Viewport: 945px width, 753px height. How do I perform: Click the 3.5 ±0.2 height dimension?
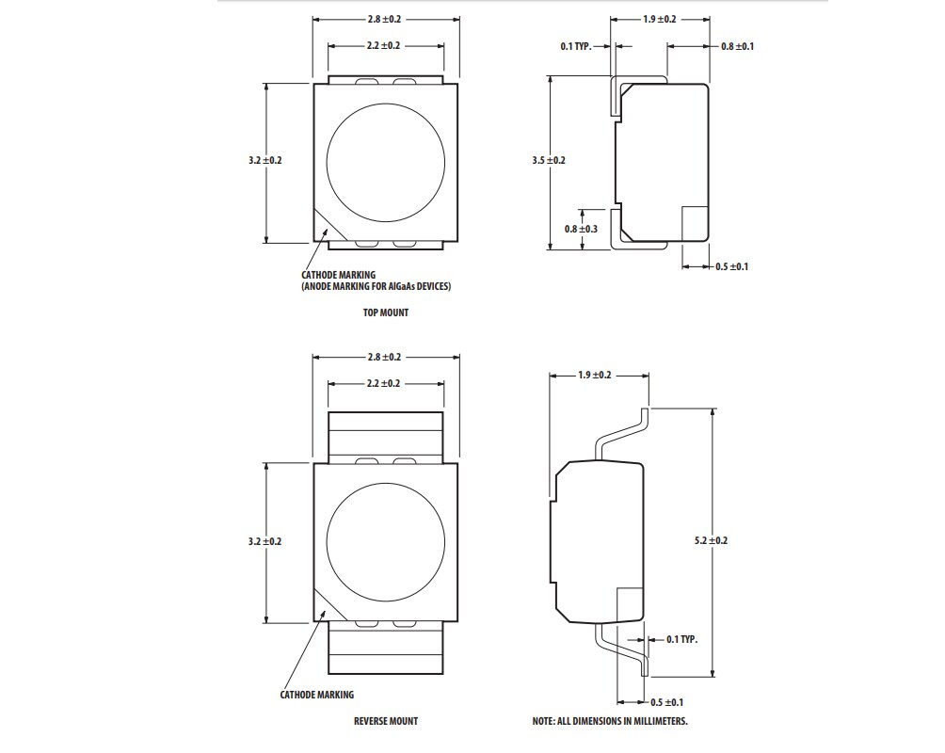[x=549, y=161]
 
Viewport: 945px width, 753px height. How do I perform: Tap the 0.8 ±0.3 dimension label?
[x=582, y=229]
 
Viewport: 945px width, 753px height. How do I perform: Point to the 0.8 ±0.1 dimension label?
[x=737, y=46]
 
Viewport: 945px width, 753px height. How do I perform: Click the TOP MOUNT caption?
[x=386, y=312]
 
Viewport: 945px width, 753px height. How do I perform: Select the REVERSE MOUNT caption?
[x=386, y=721]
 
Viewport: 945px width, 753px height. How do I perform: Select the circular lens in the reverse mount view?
[x=386, y=541]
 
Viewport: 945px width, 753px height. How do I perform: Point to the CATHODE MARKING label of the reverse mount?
[x=317, y=695]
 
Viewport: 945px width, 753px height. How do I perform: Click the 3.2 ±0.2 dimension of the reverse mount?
[x=264, y=541]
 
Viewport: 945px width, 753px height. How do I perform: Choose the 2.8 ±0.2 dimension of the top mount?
[x=385, y=19]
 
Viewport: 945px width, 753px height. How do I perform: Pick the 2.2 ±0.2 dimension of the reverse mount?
[x=385, y=383]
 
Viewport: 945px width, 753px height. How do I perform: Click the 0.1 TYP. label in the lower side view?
[x=681, y=639]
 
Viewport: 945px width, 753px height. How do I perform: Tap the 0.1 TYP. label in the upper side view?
[x=576, y=46]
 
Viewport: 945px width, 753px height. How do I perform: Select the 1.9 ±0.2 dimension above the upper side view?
[x=660, y=19]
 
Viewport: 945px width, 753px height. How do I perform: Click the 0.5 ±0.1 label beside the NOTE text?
[x=667, y=702]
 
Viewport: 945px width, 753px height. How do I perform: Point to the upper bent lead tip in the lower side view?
[x=646, y=416]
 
